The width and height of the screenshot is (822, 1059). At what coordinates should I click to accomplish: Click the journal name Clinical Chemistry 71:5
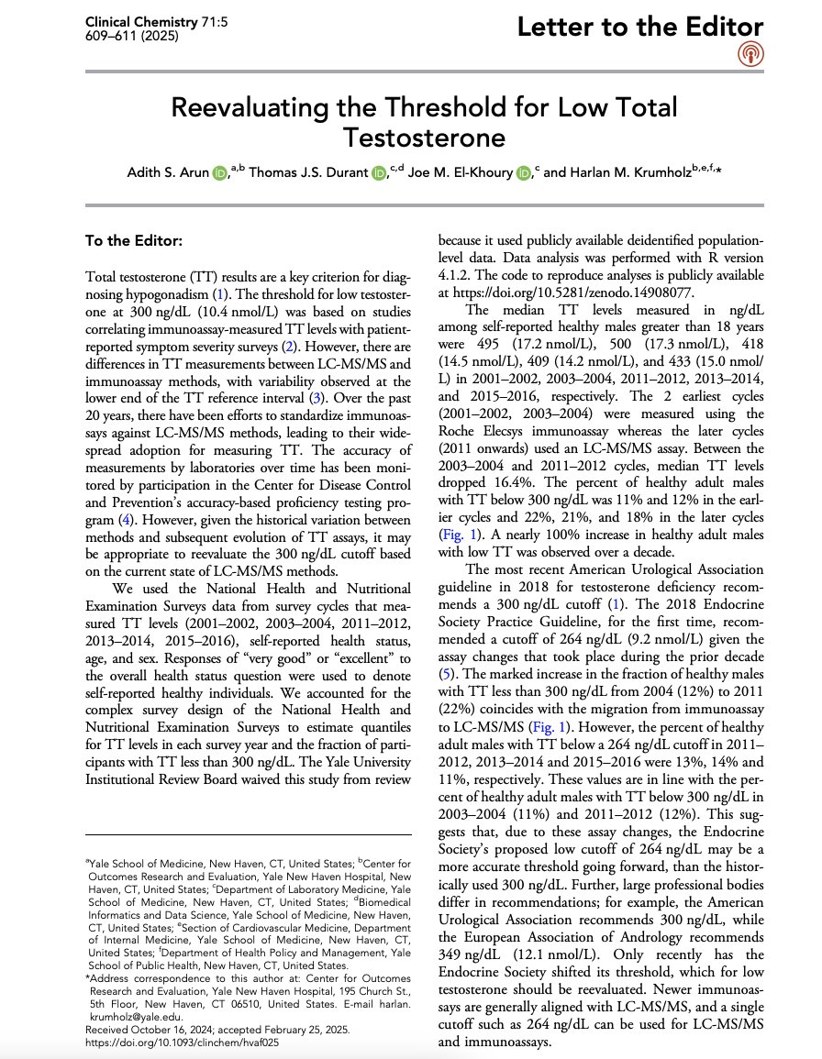tap(141, 20)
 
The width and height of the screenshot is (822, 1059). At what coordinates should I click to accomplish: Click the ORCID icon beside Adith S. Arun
tap(219, 173)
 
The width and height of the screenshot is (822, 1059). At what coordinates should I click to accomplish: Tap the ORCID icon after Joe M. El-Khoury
tap(523, 173)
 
